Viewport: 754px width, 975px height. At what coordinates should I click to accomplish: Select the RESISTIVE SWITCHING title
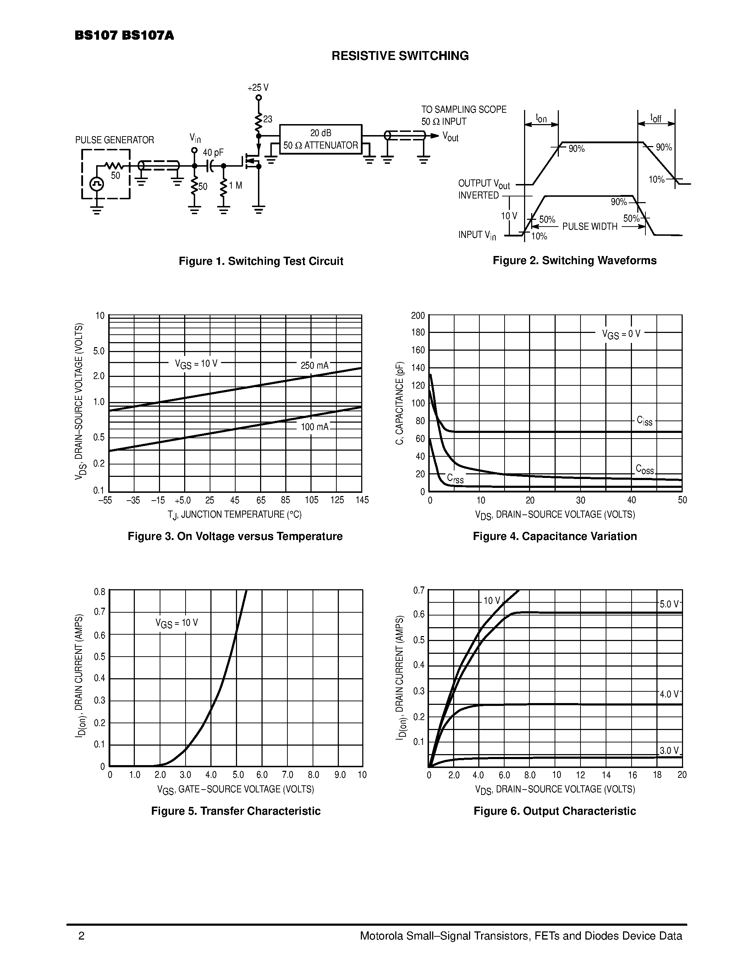click(x=400, y=56)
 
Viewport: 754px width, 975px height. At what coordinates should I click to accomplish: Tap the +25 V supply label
click(x=258, y=88)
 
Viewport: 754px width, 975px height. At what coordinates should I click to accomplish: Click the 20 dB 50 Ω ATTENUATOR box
click(x=321, y=139)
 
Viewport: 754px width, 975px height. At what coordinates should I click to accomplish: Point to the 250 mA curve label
click(x=314, y=366)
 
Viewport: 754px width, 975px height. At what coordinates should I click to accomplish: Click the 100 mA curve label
click(x=314, y=427)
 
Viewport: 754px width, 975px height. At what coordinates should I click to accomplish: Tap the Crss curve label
click(x=455, y=479)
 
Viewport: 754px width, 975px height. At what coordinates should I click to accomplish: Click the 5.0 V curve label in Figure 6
click(x=669, y=604)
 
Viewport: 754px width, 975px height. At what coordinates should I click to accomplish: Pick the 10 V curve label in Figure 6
click(x=492, y=601)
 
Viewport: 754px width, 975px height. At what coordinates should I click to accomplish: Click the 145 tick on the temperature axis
click(x=362, y=500)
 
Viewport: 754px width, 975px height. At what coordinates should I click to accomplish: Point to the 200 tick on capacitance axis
click(x=418, y=316)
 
